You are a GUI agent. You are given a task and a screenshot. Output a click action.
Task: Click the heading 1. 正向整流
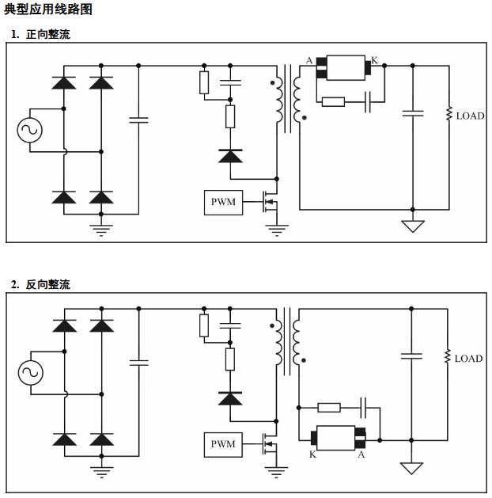(40, 35)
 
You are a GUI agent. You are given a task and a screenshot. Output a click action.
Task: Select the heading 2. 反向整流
(40, 284)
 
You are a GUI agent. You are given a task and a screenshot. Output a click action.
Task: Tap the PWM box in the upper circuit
(222, 202)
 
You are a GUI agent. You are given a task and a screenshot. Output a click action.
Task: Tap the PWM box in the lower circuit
(222, 444)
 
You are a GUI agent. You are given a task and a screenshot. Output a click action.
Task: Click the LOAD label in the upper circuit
(470, 116)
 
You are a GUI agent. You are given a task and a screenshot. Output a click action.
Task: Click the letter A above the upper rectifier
(309, 60)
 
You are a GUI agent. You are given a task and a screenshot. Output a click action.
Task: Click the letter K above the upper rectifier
(374, 60)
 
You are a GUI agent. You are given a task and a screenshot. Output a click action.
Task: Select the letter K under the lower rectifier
(312, 455)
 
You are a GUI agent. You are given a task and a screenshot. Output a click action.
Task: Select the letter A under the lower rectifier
(361, 455)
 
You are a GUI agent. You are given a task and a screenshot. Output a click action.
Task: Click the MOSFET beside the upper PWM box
(271, 203)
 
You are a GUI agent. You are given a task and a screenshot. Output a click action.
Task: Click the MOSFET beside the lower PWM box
(271, 445)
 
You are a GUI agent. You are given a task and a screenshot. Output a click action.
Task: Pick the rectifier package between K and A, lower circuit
(337, 437)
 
